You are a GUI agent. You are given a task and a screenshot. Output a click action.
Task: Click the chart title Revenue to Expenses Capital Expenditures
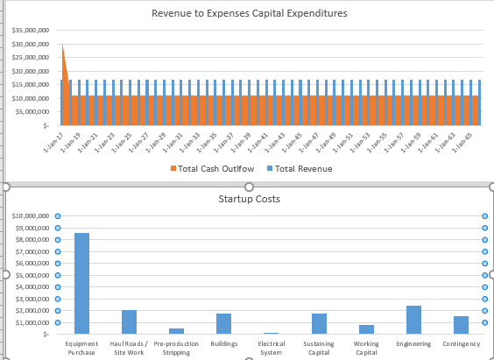click(x=249, y=13)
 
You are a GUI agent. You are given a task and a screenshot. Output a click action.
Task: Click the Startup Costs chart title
click(x=249, y=199)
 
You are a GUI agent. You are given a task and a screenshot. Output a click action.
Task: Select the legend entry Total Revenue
click(x=298, y=168)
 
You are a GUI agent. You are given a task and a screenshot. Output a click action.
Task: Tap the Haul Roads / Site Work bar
click(x=129, y=321)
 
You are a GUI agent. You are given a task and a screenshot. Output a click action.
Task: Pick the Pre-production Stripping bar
click(x=176, y=330)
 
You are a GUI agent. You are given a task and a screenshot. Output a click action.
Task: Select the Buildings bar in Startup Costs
click(x=223, y=323)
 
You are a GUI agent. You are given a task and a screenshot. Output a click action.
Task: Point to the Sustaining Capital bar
click(x=319, y=323)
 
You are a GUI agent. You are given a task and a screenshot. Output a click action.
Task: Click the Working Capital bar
click(x=366, y=329)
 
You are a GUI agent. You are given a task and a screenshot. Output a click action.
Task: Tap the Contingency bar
click(x=461, y=325)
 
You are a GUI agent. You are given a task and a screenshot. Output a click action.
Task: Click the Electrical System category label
click(x=272, y=348)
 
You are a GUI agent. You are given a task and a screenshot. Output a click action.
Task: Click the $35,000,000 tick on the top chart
click(x=30, y=31)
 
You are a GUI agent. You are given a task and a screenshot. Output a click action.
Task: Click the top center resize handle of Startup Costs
click(x=249, y=187)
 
